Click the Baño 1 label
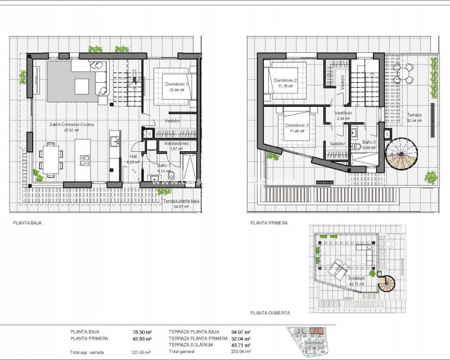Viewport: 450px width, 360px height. point(164,165)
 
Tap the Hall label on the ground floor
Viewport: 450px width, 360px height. point(133,157)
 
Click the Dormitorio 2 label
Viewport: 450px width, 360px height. point(286,80)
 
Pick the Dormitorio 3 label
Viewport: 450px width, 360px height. point(296,125)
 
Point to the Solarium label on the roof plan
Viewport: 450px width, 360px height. point(357,278)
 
